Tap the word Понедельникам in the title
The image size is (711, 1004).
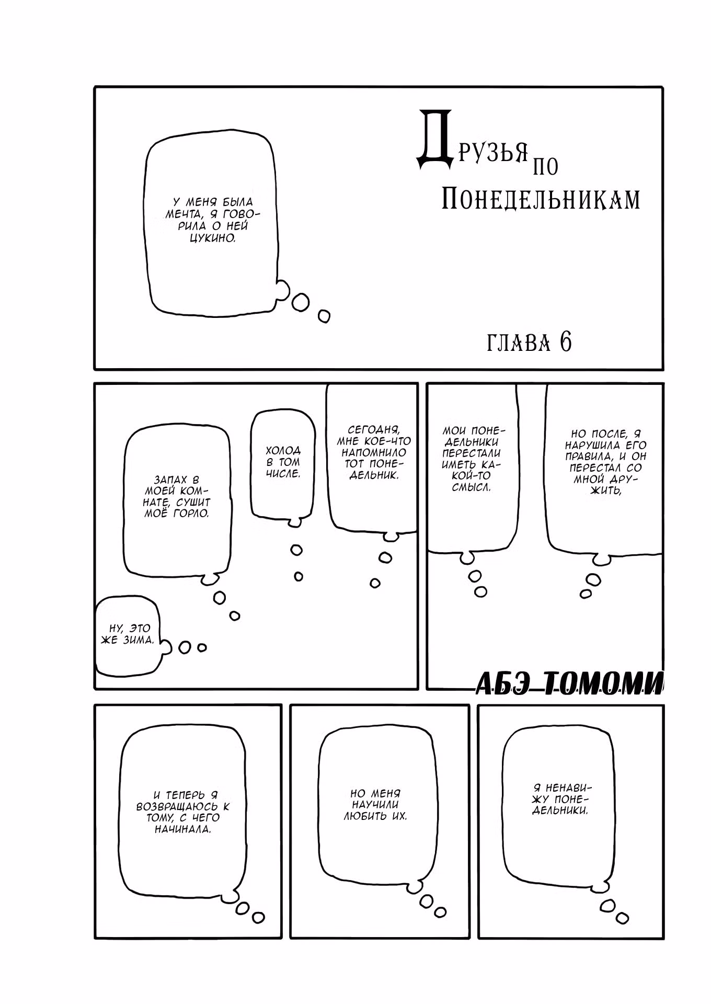pyautogui.click(x=541, y=199)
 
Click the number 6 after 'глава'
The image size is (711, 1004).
pyautogui.click(x=566, y=342)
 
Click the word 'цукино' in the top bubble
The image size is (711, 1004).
pyautogui.click(x=211, y=238)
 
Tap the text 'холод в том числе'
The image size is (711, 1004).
pyautogui.click(x=283, y=462)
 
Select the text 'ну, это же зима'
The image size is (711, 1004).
pyautogui.click(x=127, y=634)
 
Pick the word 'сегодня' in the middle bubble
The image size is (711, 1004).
pyautogui.click(x=374, y=430)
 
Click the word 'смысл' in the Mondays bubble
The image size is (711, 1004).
pyautogui.click(x=471, y=487)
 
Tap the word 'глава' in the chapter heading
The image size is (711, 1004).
pyautogui.click(x=518, y=343)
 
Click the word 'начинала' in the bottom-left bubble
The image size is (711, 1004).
pyautogui.click(x=182, y=829)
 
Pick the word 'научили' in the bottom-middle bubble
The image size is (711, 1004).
pyautogui.click(x=375, y=804)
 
